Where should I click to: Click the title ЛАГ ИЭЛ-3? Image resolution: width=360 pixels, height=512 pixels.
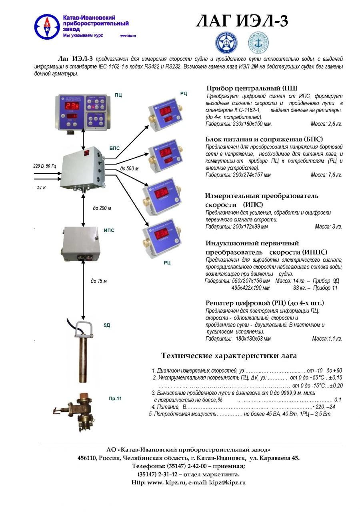coord(242,21)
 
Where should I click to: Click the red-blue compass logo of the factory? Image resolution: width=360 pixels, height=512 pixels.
coord(47,26)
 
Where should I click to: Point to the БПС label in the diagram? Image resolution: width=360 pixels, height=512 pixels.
coord(114,148)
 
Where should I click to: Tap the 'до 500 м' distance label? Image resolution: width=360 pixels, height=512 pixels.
coord(129,169)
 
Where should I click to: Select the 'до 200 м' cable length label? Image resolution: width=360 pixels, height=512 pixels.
coord(102,208)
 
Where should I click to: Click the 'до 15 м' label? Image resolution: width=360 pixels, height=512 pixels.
coord(98,281)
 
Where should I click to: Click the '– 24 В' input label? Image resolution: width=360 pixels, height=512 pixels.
coord(39,187)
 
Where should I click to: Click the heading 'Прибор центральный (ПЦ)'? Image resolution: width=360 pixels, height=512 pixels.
coord(252,88)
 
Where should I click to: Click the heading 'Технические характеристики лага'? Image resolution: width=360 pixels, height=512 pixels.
coord(229,355)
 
